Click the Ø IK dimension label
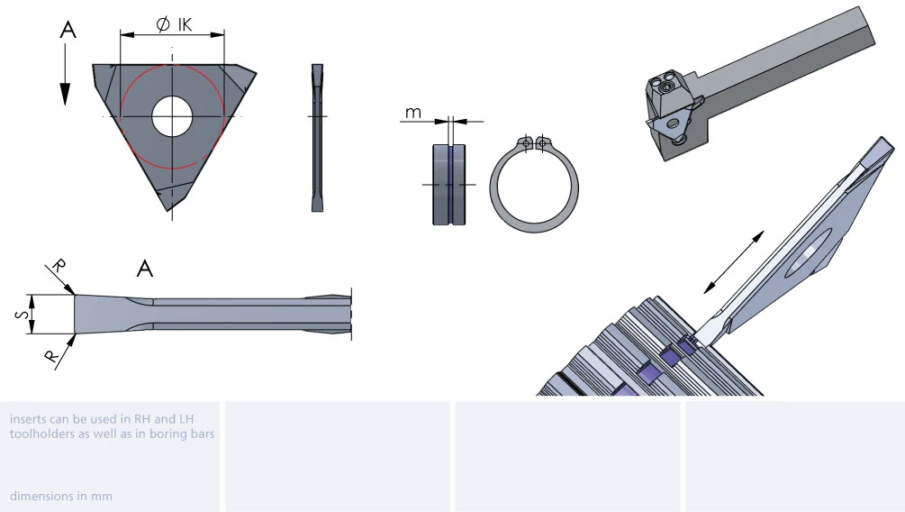click(x=174, y=24)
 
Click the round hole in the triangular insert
click(x=172, y=116)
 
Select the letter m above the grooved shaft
click(x=413, y=113)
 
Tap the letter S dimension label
click(x=23, y=315)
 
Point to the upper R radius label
click(x=59, y=266)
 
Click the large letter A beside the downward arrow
click(x=68, y=30)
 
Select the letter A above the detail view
click(x=145, y=268)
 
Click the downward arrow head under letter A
click(x=65, y=94)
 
